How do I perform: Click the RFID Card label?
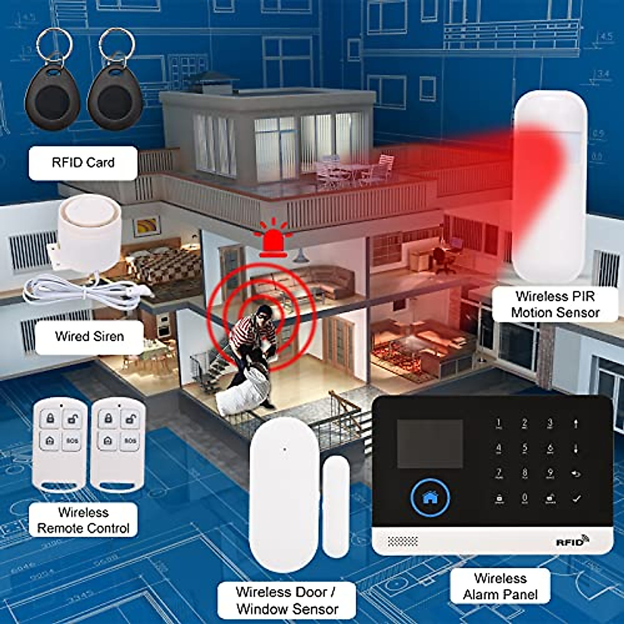coord(83,163)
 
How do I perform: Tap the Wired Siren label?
coord(89,336)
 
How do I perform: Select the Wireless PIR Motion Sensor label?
coord(555,304)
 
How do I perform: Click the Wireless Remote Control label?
coord(83,520)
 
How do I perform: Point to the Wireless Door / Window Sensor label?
coord(287,600)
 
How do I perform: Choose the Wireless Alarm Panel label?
coord(500,586)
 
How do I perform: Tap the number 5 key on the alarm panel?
coord(525,448)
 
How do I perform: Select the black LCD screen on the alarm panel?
coord(430,443)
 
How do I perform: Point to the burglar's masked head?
coord(263,314)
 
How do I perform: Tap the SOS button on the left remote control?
coord(72,441)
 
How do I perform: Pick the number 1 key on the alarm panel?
coord(499,423)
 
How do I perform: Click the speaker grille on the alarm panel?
coord(403,542)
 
